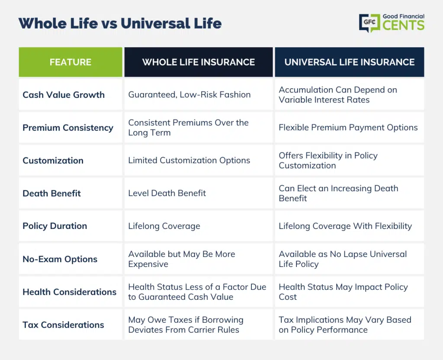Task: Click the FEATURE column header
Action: tap(71, 62)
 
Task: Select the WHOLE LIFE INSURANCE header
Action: tap(199, 62)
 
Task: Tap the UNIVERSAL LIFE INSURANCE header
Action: tap(350, 62)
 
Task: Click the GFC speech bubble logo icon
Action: tap(369, 23)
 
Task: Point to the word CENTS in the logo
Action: tap(404, 26)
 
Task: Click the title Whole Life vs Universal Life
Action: tap(120, 23)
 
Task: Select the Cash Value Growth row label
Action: tap(64, 95)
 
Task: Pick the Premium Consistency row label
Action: tap(68, 128)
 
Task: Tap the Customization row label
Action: tap(53, 161)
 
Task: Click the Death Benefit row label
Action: tap(52, 193)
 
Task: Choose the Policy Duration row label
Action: tap(55, 226)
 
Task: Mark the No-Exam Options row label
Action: tap(60, 259)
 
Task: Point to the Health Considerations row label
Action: tap(70, 292)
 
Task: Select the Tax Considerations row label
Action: tap(63, 325)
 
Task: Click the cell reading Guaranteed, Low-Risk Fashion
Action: tap(189, 95)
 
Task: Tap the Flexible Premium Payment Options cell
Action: tap(348, 128)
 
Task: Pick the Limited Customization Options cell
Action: tap(189, 161)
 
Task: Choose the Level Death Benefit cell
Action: tap(167, 193)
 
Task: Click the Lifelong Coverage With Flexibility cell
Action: tap(345, 226)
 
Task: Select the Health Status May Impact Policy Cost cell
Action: tap(343, 292)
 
